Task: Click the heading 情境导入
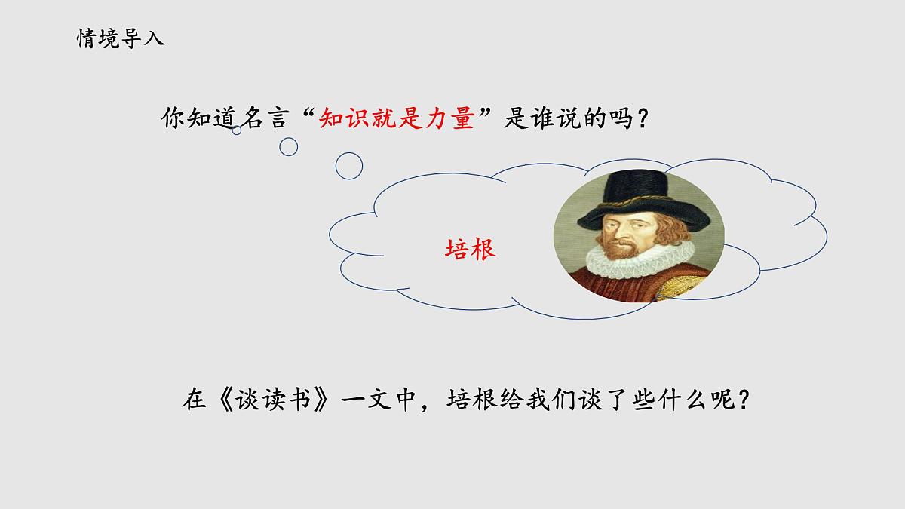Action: coord(121,38)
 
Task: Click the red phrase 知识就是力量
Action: coord(396,118)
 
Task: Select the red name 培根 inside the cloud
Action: coord(471,248)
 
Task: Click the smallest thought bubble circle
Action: coord(237,130)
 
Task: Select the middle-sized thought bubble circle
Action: coord(288,146)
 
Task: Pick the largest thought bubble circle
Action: coord(348,166)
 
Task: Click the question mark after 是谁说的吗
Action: coord(641,119)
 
